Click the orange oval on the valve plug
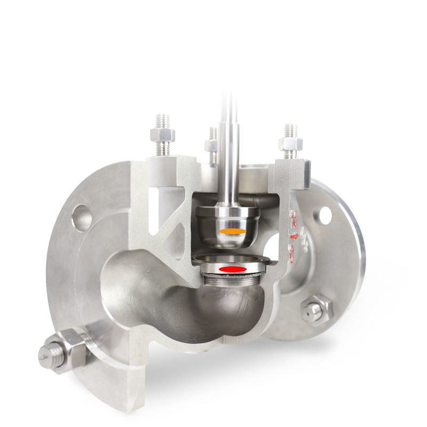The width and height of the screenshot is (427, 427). (x=233, y=231)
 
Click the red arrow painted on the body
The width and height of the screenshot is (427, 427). (x=293, y=235)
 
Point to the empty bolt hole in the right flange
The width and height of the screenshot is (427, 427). (x=325, y=215)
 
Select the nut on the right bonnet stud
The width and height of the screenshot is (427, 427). (x=290, y=145)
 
